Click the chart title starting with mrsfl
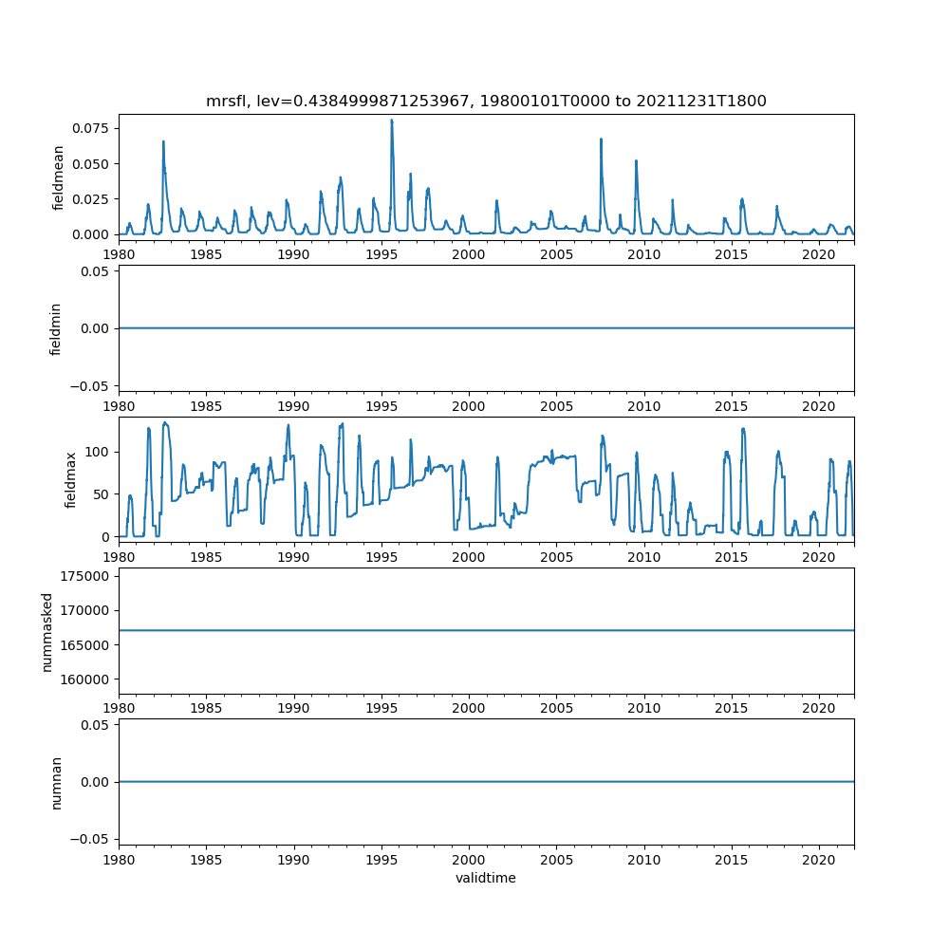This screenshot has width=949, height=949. pos(486,101)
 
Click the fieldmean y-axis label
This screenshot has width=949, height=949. pos(59,177)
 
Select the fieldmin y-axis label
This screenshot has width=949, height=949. pos(56,328)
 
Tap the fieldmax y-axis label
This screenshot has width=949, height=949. pos(70,478)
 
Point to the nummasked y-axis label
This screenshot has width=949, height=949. pos(47,630)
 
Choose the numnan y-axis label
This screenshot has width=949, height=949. pos(56,781)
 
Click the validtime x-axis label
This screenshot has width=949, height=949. pos(486,878)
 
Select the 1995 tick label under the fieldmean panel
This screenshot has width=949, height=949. pos(381,254)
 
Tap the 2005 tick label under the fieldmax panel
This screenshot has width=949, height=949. pos(556,556)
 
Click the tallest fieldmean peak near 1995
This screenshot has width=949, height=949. pos(391,121)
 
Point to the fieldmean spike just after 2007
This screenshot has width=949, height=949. pos(601,140)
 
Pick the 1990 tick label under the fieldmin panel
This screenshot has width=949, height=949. pos(294,405)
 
